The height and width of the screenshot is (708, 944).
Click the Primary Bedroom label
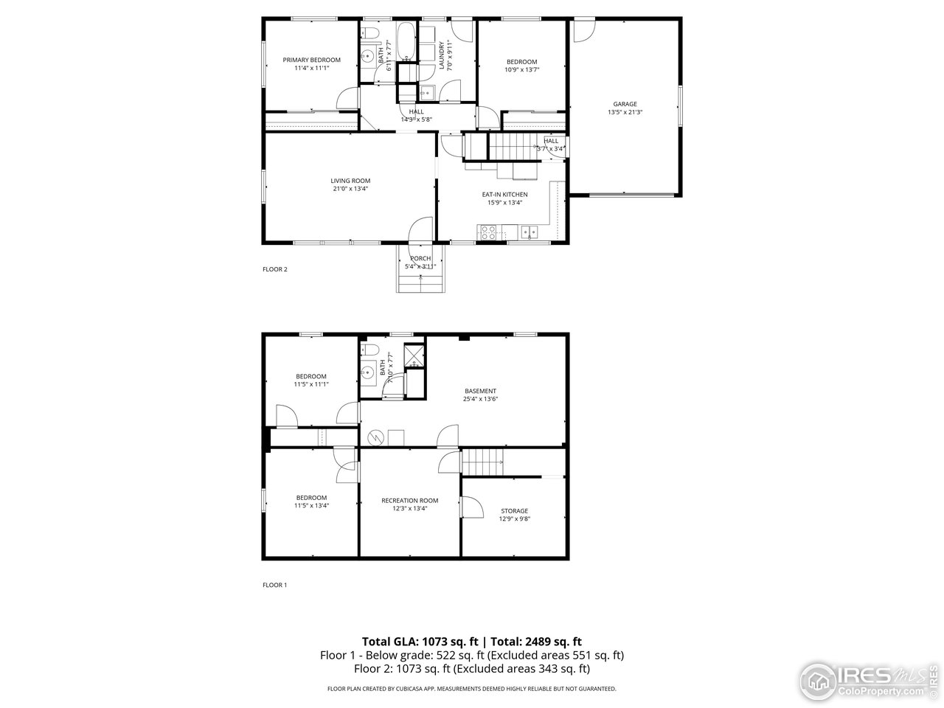point(312,60)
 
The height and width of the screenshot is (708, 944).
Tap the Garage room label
point(625,104)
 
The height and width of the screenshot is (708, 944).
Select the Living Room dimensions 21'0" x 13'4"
point(350,188)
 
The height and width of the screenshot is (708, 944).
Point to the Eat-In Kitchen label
point(504,195)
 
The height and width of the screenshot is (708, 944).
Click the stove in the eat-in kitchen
point(488,232)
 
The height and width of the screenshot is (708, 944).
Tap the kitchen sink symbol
point(530,234)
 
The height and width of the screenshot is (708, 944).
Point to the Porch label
point(420,258)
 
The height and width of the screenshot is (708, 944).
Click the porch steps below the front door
point(421,282)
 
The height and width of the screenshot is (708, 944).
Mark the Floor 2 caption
point(275,269)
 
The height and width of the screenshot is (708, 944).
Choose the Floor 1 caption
point(275,585)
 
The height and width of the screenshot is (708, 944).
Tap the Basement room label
point(480,391)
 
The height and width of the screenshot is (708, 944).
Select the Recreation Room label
point(409,500)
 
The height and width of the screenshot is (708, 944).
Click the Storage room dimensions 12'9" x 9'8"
point(514,518)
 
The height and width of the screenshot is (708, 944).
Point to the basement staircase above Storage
point(483,462)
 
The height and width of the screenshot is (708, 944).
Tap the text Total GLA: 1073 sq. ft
point(418,641)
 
